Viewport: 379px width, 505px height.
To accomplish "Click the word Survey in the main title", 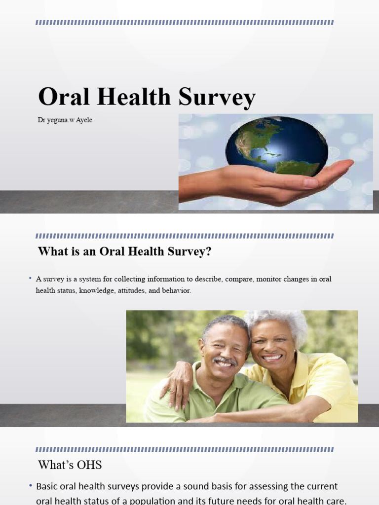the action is click(217, 97).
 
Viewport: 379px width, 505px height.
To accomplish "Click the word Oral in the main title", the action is click(64, 96).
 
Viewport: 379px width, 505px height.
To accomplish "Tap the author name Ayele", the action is click(84, 120).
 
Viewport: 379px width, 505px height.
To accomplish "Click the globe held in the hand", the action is click(276, 146).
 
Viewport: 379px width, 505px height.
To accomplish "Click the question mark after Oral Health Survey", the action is click(208, 251).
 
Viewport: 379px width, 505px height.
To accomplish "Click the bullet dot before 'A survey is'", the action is click(30, 278).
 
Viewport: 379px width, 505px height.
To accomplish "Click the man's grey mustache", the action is click(225, 361).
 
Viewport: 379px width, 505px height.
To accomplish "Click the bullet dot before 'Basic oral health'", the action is click(31, 485).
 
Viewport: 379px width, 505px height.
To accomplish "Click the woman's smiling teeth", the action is click(272, 357).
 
